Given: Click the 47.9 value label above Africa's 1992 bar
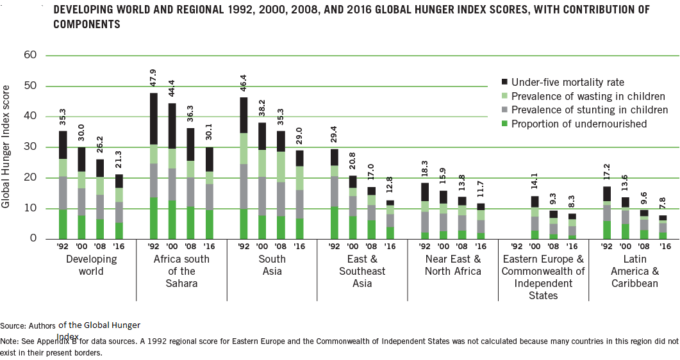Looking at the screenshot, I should [x=154, y=79].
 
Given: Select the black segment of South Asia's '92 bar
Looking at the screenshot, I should [x=244, y=115].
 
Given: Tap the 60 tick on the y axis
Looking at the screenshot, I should [x=29, y=55].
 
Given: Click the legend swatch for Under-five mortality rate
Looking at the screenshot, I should [x=504, y=82].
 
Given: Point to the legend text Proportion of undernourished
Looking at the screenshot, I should [x=579, y=124].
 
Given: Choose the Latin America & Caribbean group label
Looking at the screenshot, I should [x=634, y=271].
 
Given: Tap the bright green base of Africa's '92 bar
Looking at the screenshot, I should [x=154, y=218].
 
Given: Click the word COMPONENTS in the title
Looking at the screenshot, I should [x=87, y=24].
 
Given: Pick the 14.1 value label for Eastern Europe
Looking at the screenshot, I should [x=535, y=183].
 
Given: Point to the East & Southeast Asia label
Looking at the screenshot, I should [x=362, y=271].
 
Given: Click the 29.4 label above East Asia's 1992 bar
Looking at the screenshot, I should [x=334, y=136].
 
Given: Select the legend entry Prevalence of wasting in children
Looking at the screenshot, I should [x=588, y=96].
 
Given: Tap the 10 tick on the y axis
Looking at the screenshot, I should [x=29, y=208].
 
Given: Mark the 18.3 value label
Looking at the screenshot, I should [x=424, y=170].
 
